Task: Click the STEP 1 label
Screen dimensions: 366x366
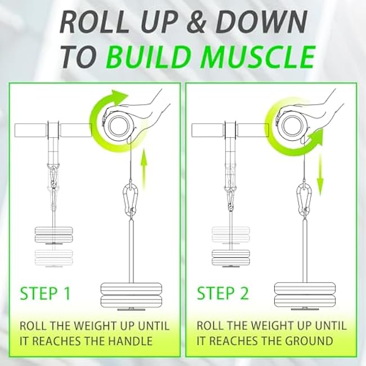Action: coord(46,293)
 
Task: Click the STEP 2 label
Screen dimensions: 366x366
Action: coord(222,293)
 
